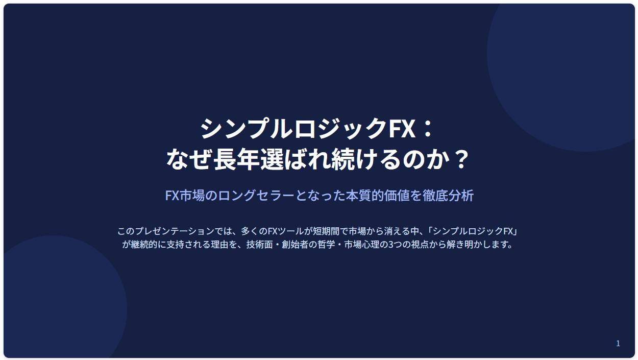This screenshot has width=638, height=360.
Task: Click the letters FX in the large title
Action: pos(401,129)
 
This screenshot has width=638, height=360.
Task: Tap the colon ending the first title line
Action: pos(428,129)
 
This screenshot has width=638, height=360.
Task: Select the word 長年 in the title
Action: pos(236,159)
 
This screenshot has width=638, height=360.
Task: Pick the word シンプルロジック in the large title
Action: pos(294,129)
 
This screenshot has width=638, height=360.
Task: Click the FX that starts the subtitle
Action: pos(172,196)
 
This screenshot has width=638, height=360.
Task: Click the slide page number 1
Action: pos(618,344)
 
